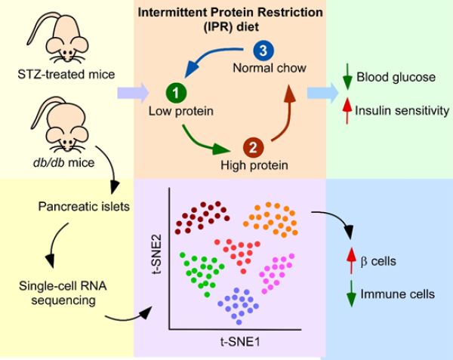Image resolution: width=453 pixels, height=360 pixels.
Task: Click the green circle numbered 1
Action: coord(176,93)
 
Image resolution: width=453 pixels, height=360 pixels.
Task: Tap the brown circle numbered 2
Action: coord(254,147)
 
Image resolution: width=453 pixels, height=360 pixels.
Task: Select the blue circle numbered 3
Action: coord(263,51)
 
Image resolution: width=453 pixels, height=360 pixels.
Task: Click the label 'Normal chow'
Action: coord(270,68)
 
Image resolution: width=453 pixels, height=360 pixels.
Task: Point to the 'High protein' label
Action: coord(254,165)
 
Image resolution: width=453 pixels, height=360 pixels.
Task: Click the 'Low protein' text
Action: coord(181,111)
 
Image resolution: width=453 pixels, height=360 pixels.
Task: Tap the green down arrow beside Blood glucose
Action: coord(347,76)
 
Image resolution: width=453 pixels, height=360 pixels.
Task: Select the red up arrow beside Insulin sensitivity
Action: coord(347,111)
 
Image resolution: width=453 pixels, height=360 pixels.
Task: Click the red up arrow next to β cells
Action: coord(351,260)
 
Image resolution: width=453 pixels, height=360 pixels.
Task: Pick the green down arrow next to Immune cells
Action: coord(351,294)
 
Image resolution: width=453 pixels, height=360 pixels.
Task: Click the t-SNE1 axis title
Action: coord(240,342)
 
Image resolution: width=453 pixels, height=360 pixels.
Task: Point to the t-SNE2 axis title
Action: coord(156,254)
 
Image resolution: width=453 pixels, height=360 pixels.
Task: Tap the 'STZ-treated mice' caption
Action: coord(66,75)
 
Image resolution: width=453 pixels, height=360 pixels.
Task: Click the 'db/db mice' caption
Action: coord(64,162)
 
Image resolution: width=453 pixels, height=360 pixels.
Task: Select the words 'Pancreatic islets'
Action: coord(84,207)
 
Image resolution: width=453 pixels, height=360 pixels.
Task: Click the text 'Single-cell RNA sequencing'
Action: coord(63,293)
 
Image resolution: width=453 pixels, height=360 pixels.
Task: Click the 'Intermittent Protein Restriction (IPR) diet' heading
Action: coord(230,20)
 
